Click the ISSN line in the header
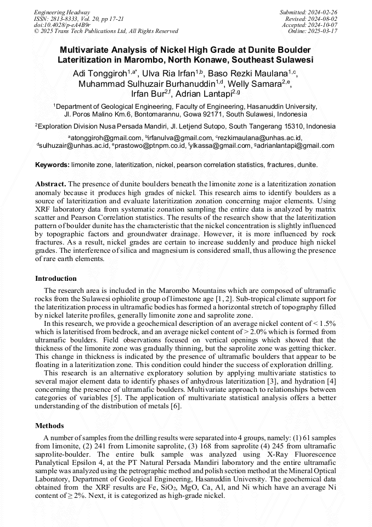pyautogui.click(x=79, y=19)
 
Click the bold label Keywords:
pyautogui.click(x=52, y=165)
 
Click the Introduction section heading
pyautogui.click(x=56, y=279)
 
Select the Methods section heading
pyautogui.click(x=49, y=425)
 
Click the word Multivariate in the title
pyautogui.click(x=88, y=49)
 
